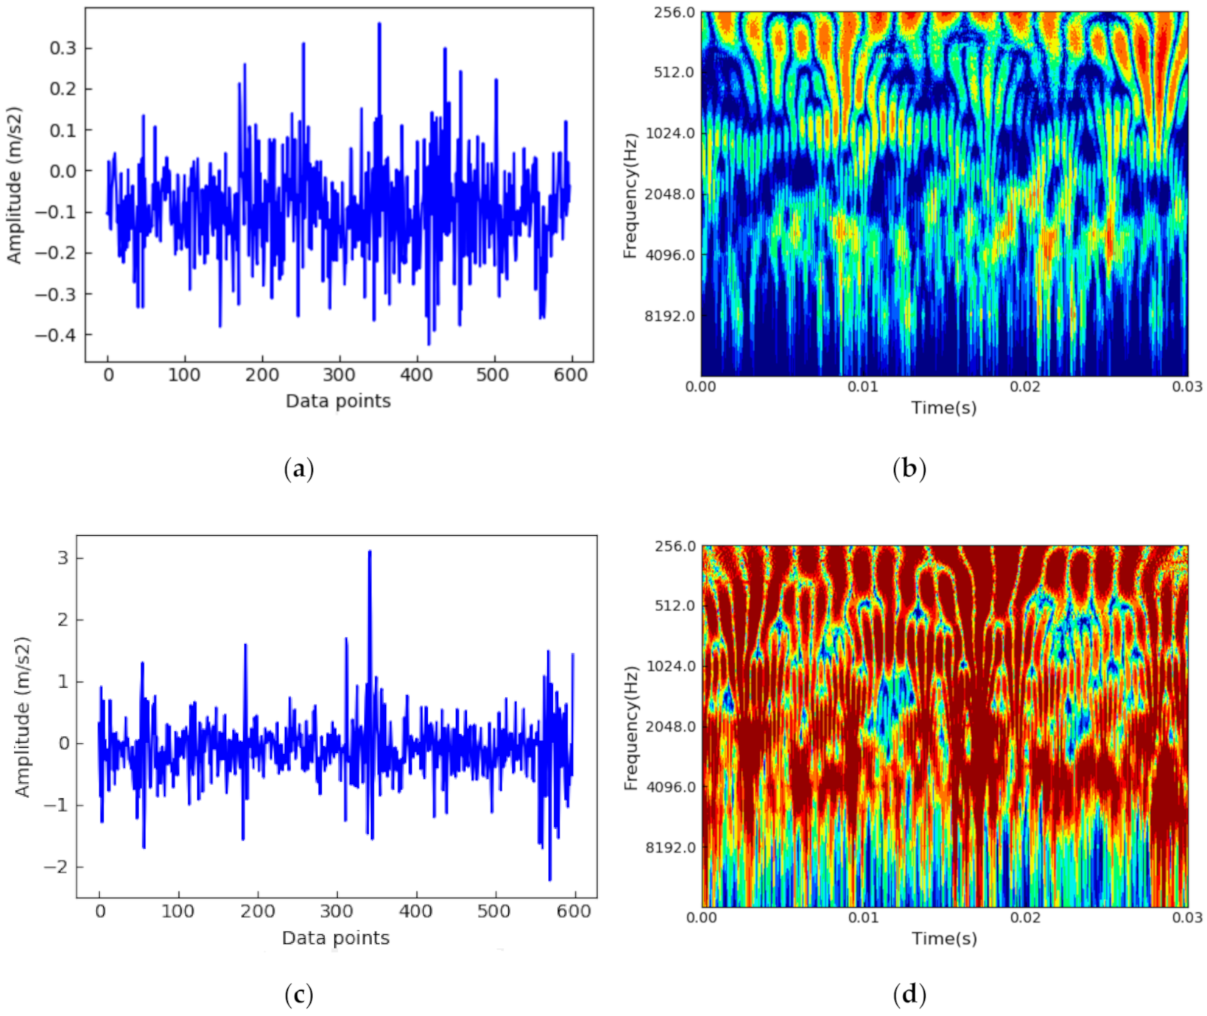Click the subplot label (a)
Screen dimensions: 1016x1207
point(298,469)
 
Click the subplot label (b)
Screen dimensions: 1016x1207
point(909,469)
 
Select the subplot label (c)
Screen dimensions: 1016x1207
point(298,995)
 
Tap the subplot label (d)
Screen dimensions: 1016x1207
point(909,995)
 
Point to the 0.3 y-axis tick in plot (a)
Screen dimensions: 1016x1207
point(63,49)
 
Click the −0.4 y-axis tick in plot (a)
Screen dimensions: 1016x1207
point(56,335)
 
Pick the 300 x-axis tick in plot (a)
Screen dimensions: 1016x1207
point(339,375)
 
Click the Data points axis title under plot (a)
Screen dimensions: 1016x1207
point(338,401)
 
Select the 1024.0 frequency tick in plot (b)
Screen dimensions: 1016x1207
point(670,133)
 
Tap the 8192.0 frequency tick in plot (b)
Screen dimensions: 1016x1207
point(670,317)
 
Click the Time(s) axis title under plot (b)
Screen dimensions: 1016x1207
point(944,408)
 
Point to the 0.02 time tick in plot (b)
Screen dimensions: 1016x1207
point(1025,387)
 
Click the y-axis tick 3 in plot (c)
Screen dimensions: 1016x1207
point(63,558)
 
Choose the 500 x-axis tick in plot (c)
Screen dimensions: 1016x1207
point(494,911)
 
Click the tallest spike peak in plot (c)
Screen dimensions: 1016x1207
point(370,551)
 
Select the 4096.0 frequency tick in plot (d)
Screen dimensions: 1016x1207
point(671,787)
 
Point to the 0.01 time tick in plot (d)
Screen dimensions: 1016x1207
point(863,918)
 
